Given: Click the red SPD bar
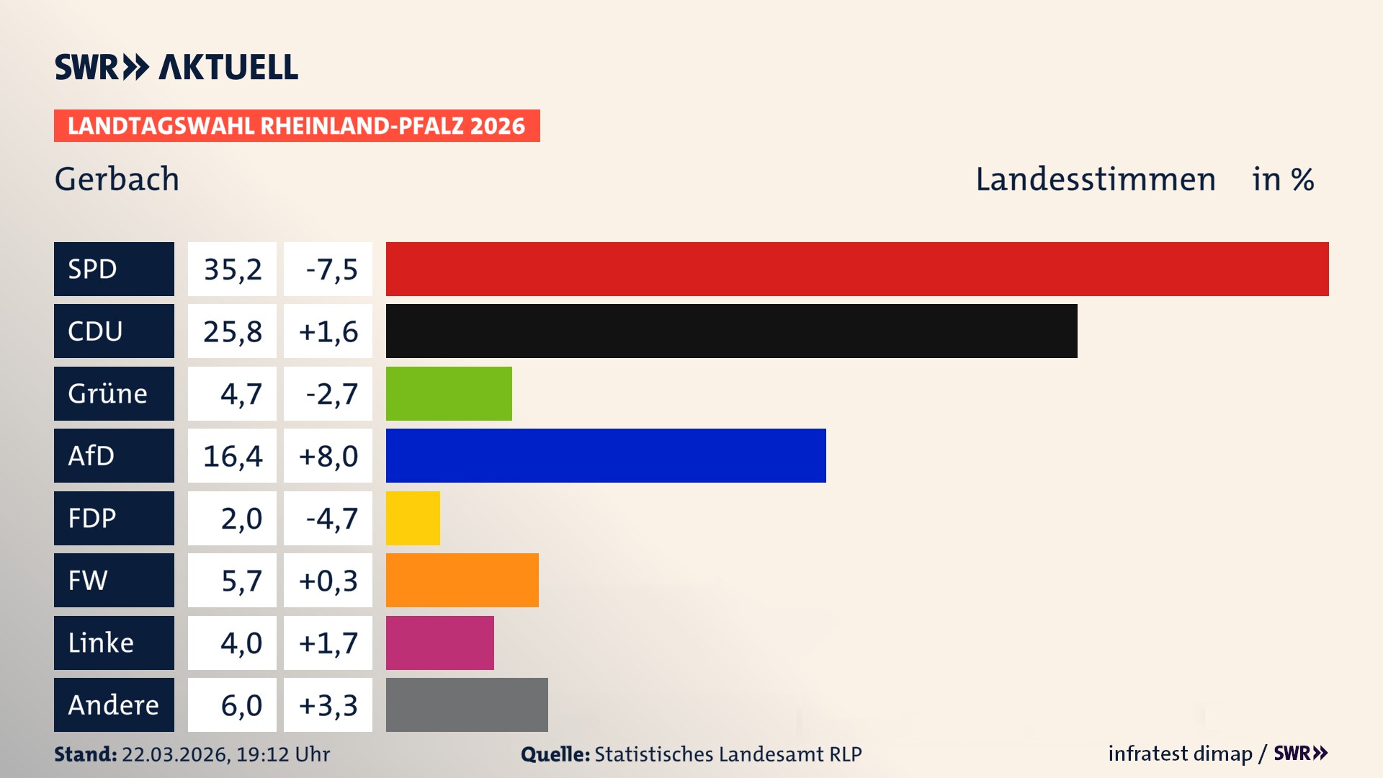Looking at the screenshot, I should tap(857, 269).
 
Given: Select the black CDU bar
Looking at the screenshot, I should tap(731, 331).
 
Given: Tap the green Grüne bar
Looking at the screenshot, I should tap(449, 393).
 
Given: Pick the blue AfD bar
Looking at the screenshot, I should tap(606, 455).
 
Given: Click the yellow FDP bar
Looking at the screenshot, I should tap(413, 518).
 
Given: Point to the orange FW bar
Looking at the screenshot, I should tap(462, 580).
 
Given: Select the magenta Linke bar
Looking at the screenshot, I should tap(439, 643).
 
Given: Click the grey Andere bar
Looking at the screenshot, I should tap(467, 705).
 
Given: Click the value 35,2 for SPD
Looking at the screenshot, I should tap(232, 269).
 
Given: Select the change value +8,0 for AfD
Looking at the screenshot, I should tap(328, 456).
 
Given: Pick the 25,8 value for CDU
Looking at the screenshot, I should tap(232, 331).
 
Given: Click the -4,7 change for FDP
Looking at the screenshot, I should tap(331, 518).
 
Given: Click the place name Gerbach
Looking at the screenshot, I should tap(117, 179).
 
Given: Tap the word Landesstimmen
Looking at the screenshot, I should tap(1095, 179).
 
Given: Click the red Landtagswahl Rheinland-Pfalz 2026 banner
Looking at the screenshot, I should tap(297, 126).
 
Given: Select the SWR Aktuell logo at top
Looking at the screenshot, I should tap(176, 67).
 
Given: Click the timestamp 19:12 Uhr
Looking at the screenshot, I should tap(282, 754).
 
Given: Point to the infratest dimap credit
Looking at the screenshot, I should tap(1179, 754).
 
